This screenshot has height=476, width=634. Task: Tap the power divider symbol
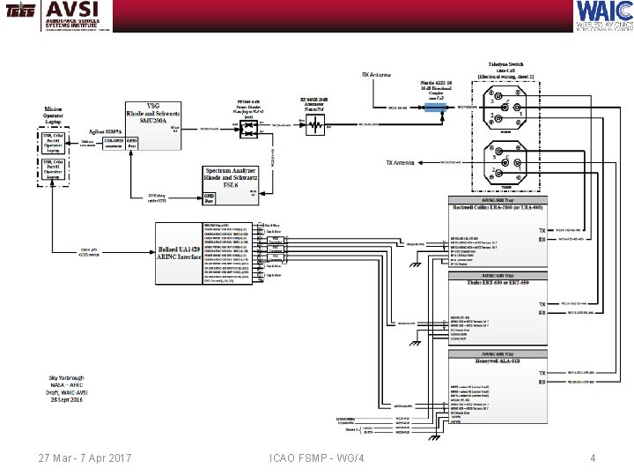250,128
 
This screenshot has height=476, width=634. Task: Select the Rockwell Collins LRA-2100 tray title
499,208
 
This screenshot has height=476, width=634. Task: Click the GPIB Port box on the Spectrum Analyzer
211,198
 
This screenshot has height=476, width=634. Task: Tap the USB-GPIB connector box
114,142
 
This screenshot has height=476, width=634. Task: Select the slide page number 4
593,457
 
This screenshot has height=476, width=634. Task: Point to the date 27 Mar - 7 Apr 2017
85,457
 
